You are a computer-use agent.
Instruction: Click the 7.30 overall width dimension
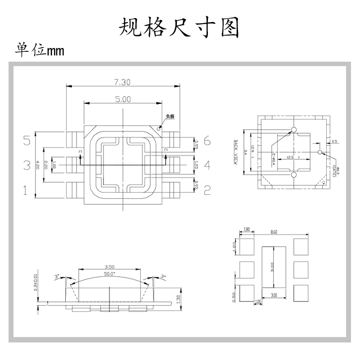[122, 82]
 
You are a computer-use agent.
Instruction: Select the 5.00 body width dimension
[122, 99]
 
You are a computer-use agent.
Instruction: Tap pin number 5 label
[27, 141]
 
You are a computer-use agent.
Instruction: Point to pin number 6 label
[207, 141]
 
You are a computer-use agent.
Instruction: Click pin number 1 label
[26, 191]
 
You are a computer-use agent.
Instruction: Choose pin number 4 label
[207, 166]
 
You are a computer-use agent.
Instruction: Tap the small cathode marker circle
[158, 127]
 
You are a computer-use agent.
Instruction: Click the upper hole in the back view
[294, 130]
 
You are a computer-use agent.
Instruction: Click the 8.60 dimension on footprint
[274, 232]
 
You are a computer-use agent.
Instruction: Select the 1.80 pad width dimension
[246, 229]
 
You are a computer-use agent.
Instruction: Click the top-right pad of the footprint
[301, 246]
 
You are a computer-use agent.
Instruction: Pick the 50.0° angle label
[109, 273]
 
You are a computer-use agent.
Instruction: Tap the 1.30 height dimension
[179, 297]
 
